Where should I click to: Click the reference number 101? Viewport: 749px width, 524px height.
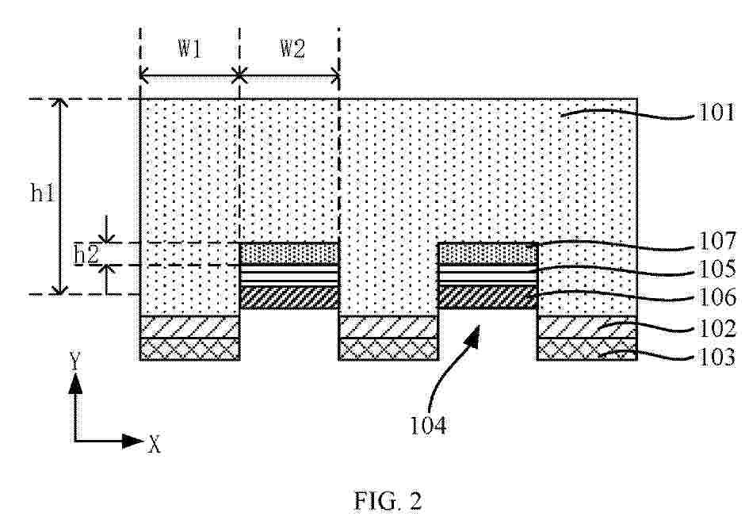(x=717, y=113)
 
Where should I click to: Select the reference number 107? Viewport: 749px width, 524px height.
(x=717, y=241)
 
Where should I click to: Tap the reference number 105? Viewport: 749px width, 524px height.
(x=717, y=270)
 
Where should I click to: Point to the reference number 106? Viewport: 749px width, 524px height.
(x=717, y=297)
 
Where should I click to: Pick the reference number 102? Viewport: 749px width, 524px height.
(x=717, y=329)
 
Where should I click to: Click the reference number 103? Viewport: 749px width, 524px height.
(x=717, y=358)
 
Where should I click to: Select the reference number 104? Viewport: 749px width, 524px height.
(x=429, y=426)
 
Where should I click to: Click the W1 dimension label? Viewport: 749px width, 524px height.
(x=190, y=48)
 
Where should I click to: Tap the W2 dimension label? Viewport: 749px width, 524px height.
(x=292, y=48)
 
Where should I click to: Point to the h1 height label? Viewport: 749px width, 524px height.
(x=43, y=193)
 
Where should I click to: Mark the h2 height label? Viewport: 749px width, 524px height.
(x=86, y=255)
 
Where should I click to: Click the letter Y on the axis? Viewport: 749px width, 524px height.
(x=75, y=361)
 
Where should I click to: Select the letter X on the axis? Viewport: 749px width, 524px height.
(x=154, y=445)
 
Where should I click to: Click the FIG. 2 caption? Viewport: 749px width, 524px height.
(x=388, y=501)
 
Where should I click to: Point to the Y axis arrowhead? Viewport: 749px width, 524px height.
(x=75, y=384)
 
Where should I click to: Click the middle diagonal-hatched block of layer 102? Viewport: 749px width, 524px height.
(x=388, y=327)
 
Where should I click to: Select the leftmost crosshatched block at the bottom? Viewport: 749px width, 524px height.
(x=189, y=349)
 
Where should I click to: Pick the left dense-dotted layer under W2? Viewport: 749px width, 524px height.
(x=289, y=253)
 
